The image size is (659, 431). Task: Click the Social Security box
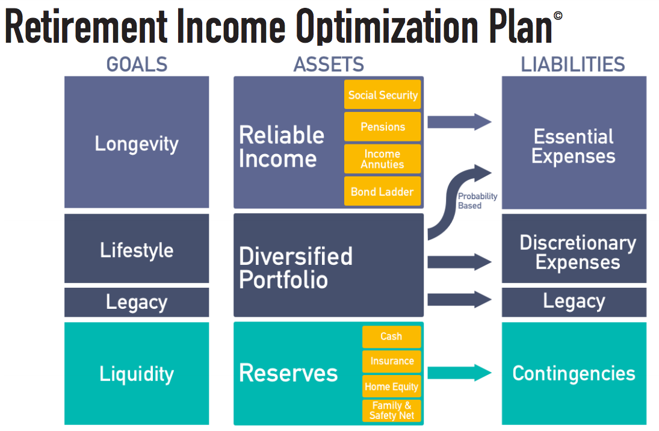click(382, 95)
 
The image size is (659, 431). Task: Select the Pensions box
click(382, 126)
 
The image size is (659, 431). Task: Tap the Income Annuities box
click(382, 159)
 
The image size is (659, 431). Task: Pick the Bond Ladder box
click(382, 191)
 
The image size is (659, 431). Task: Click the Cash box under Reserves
click(392, 336)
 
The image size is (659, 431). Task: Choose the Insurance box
click(392, 361)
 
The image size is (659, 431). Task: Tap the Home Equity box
click(392, 386)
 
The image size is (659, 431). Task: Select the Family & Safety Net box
click(392, 411)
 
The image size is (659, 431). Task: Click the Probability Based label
click(477, 201)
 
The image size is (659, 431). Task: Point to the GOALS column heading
click(137, 65)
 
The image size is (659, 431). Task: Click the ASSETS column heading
click(329, 65)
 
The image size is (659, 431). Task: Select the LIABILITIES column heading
click(573, 65)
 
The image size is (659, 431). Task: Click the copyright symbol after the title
click(558, 16)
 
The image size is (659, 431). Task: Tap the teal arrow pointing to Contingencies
click(459, 373)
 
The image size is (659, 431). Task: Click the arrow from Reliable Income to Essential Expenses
click(459, 122)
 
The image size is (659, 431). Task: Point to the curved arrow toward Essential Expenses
click(450, 197)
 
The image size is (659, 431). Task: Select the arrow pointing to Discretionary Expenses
click(459, 261)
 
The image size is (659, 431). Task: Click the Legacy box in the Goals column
click(137, 302)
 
